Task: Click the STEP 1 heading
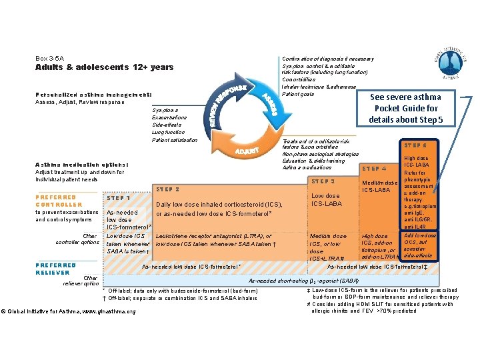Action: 118,198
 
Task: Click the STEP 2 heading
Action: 168,189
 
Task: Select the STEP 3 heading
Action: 323,181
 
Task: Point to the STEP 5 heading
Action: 417,145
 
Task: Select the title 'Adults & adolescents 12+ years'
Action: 104,67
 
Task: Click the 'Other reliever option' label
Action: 82,281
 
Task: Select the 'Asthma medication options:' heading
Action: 82,165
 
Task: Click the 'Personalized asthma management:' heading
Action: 94,95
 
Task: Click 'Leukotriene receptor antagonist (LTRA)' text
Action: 213,236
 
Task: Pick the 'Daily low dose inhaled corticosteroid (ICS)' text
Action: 219,204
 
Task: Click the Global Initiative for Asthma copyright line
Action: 69,311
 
